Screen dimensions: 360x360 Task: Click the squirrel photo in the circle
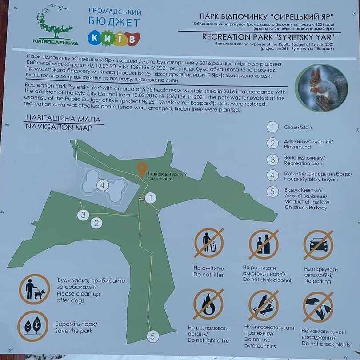(321, 88)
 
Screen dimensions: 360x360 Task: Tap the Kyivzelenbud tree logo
(55, 24)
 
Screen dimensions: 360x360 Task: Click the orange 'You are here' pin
(142, 170)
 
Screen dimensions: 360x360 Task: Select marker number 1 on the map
(151, 198)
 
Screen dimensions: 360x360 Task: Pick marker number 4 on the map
(103, 185)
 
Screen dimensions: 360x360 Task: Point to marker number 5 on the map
(153, 336)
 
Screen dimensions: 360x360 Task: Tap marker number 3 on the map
(83, 215)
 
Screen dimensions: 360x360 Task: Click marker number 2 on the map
(96, 223)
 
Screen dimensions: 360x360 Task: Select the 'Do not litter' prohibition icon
(209, 243)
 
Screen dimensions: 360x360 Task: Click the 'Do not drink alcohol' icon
(264, 244)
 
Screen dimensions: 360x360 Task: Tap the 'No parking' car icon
(318, 245)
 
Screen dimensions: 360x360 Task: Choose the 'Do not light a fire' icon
(208, 304)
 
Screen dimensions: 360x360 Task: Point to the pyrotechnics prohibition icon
(264, 305)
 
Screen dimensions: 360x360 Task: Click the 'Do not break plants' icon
(318, 307)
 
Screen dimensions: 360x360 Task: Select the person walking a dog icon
(34, 289)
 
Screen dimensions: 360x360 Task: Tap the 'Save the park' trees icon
(33, 326)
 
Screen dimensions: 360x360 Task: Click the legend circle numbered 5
(272, 192)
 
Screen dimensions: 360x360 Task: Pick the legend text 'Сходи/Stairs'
(298, 128)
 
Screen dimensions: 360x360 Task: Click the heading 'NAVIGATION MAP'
(59, 127)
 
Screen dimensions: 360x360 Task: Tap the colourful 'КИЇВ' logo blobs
(114, 38)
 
